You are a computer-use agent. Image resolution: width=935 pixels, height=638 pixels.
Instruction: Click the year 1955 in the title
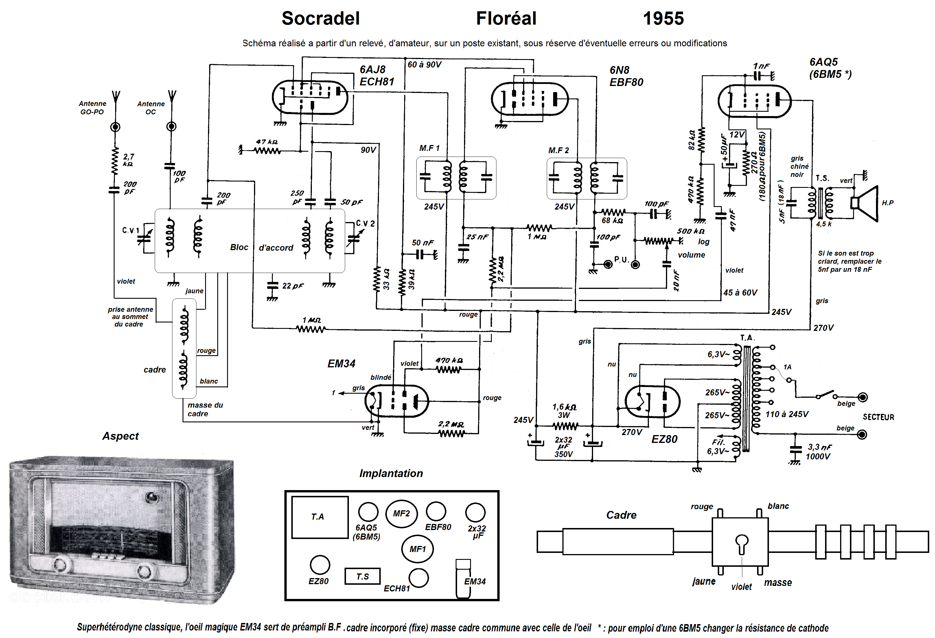[x=663, y=19]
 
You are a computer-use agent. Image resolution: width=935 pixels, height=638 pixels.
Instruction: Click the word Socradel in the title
[x=320, y=19]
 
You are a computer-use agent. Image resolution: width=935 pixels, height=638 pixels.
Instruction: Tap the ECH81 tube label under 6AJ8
[x=377, y=82]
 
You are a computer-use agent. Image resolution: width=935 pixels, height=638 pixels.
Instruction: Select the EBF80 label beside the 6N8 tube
[x=626, y=82]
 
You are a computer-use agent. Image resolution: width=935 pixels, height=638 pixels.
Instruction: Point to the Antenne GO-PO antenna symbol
[x=116, y=97]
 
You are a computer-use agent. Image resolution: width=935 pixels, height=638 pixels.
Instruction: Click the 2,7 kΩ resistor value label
[x=128, y=159]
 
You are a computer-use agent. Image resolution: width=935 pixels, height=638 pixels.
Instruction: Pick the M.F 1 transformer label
[x=429, y=148]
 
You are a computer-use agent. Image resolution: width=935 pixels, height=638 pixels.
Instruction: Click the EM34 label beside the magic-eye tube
[x=341, y=364]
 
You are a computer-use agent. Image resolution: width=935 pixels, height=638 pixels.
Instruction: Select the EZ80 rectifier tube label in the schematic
[x=664, y=439]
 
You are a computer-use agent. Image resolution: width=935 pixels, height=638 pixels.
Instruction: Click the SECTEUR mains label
[x=878, y=417]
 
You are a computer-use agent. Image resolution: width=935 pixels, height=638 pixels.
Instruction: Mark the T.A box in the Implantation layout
[x=319, y=517]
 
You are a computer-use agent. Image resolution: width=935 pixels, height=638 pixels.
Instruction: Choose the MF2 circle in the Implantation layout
[x=401, y=514]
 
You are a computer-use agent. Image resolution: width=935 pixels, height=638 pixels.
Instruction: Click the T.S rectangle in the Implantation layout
[x=362, y=576]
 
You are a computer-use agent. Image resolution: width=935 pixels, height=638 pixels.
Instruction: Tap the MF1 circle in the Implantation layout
[x=417, y=549]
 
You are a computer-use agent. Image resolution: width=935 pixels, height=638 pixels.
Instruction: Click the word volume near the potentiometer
[x=691, y=255]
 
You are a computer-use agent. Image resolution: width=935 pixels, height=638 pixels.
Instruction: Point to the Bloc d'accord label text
[x=262, y=247]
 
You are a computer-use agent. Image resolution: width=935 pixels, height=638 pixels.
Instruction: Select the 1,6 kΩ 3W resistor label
[x=564, y=410]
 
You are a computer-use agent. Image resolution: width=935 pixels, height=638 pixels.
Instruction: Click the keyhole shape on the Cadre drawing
[x=741, y=543]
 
